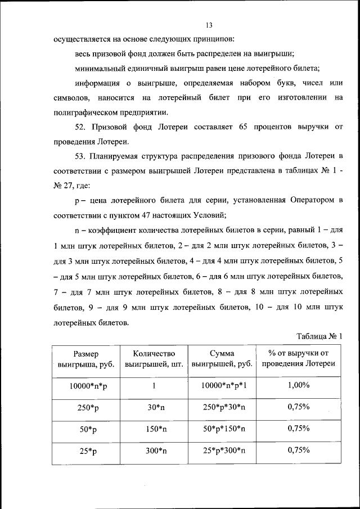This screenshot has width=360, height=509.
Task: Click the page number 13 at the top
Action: pos(208,25)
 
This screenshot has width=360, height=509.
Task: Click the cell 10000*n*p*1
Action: pos(222,386)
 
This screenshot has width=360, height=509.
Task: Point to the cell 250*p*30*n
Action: pos(222,408)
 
